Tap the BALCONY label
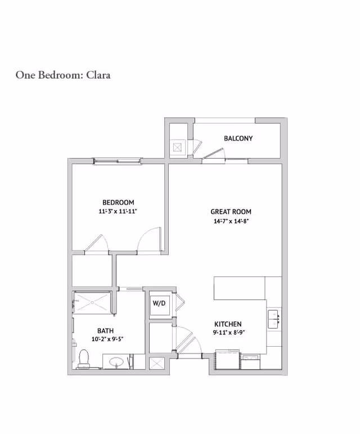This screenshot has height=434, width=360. tap(238, 138)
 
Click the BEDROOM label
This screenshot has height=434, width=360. tap(118, 203)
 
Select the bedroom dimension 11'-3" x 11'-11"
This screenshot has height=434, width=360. tap(118, 212)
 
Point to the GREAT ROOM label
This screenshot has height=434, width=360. tap(231, 212)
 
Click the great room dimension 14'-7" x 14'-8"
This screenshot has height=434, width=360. tap(231, 221)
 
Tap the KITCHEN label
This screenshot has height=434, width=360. tap(228, 324)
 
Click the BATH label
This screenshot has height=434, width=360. tap(100, 330)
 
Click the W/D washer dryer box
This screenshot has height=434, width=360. tap(159, 304)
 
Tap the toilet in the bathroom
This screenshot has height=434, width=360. tap(84, 359)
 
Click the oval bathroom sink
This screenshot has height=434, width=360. tap(117, 361)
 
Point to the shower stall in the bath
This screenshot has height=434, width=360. tap(93, 303)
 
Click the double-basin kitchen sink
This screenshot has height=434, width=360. tap(274, 318)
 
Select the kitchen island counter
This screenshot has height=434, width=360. tap(239, 288)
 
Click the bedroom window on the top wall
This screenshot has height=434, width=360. tap(117, 162)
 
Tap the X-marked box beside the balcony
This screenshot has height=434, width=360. tap(178, 147)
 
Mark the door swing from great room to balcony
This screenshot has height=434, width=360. tap(214, 153)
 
